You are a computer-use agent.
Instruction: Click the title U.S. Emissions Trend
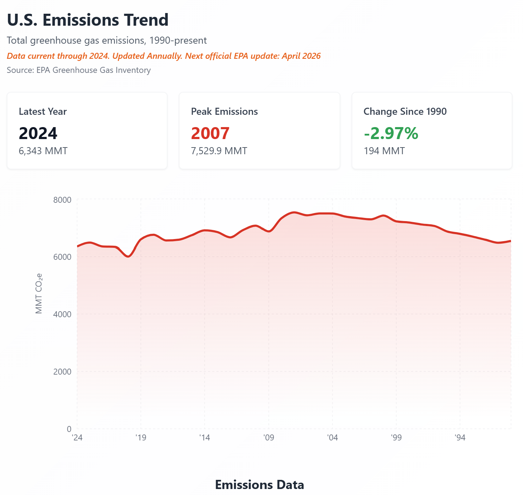tap(88, 20)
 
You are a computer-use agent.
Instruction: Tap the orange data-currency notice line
tap(164, 56)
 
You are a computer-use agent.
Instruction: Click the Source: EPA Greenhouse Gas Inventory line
tap(79, 70)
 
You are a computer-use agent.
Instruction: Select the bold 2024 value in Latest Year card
tap(38, 133)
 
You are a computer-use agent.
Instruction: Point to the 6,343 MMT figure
tap(43, 151)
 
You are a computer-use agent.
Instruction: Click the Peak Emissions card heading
tap(224, 112)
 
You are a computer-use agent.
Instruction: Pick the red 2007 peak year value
tap(210, 133)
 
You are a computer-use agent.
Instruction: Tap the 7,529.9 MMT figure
tap(219, 151)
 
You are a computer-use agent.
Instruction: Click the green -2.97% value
tap(391, 133)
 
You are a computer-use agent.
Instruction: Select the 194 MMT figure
tap(384, 151)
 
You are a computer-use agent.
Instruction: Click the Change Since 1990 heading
tap(405, 112)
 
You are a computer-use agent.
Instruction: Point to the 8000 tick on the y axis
tap(62, 200)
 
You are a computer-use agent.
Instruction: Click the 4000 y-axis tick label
tap(62, 314)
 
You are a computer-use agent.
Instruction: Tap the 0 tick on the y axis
tap(69, 429)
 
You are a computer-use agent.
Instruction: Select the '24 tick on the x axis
tap(77, 438)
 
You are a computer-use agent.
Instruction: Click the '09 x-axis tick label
tap(269, 438)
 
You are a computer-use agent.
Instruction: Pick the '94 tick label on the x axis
tap(460, 438)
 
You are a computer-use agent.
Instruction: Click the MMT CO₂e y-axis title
tap(39, 293)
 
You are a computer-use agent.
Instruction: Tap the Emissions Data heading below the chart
tap(259, 485)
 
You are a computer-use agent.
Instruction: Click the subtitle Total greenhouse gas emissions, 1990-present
tap(107, 40)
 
